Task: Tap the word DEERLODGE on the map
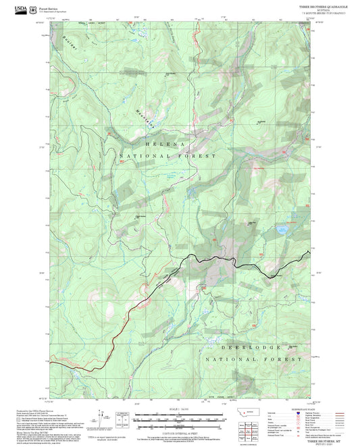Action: (x=250, y=348)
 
